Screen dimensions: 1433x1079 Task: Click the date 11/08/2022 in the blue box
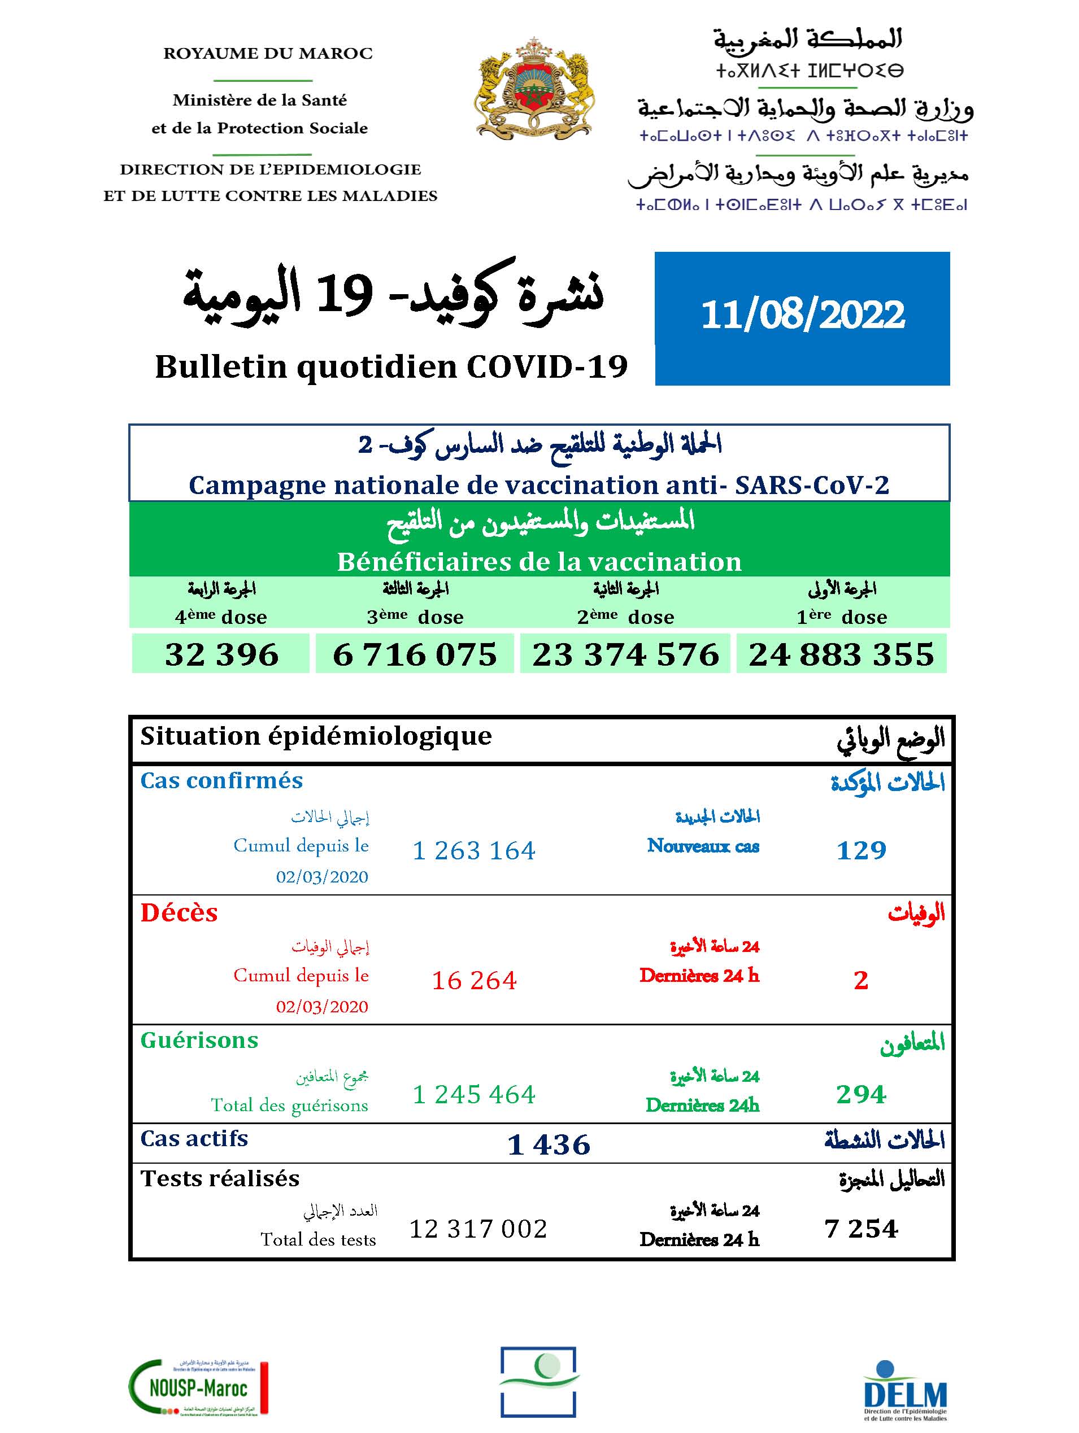tap(802, 316)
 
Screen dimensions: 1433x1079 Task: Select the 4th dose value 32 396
tap(221, 654)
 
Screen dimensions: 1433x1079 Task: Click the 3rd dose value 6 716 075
tap(415, 654)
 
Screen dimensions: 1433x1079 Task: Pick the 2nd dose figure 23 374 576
tap(625, 654)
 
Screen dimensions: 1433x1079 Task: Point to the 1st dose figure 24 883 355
tap(841, 654)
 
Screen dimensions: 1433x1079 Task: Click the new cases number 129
tap(860, 850)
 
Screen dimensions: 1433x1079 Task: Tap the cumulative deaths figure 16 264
tap(474, 980)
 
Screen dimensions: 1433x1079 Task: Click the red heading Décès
tap(179, 913)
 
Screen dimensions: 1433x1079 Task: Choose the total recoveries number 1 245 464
tap(474, 1094)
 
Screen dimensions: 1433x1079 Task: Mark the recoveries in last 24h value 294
tap(860, 1094)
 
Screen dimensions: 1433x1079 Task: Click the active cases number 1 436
tap(548, 1144)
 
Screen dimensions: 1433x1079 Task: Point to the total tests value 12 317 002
tap(478, 1228)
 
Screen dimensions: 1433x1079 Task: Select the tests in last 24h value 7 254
tap(860, 1228)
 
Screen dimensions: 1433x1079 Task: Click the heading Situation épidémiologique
tap(316, 736)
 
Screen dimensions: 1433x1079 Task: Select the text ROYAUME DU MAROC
tap(268, 53)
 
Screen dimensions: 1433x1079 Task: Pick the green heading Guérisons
tap(199, 1040)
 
